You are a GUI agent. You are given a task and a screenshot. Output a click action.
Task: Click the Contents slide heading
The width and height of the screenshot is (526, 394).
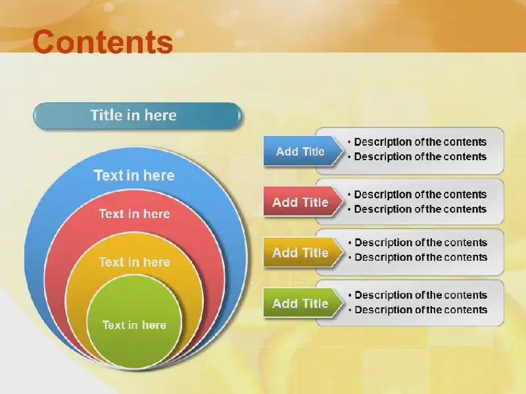tap(103, 42)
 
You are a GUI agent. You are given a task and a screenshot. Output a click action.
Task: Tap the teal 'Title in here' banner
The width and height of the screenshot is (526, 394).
tap(137, 116)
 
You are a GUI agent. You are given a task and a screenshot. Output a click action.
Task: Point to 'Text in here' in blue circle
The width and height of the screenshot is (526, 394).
tap(134, 175)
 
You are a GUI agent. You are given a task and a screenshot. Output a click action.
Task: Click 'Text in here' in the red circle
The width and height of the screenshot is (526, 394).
tap(135, 214)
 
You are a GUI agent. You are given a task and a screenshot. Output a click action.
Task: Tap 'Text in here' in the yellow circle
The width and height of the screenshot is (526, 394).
tap(135, 262)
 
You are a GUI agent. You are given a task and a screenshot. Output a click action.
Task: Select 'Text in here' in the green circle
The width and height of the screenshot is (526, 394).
tap(134, 325)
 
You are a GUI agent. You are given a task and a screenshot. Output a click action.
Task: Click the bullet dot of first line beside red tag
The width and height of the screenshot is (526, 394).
tap(350, 195)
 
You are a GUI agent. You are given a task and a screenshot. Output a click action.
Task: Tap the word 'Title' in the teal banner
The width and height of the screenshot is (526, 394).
tap(107, 116)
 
